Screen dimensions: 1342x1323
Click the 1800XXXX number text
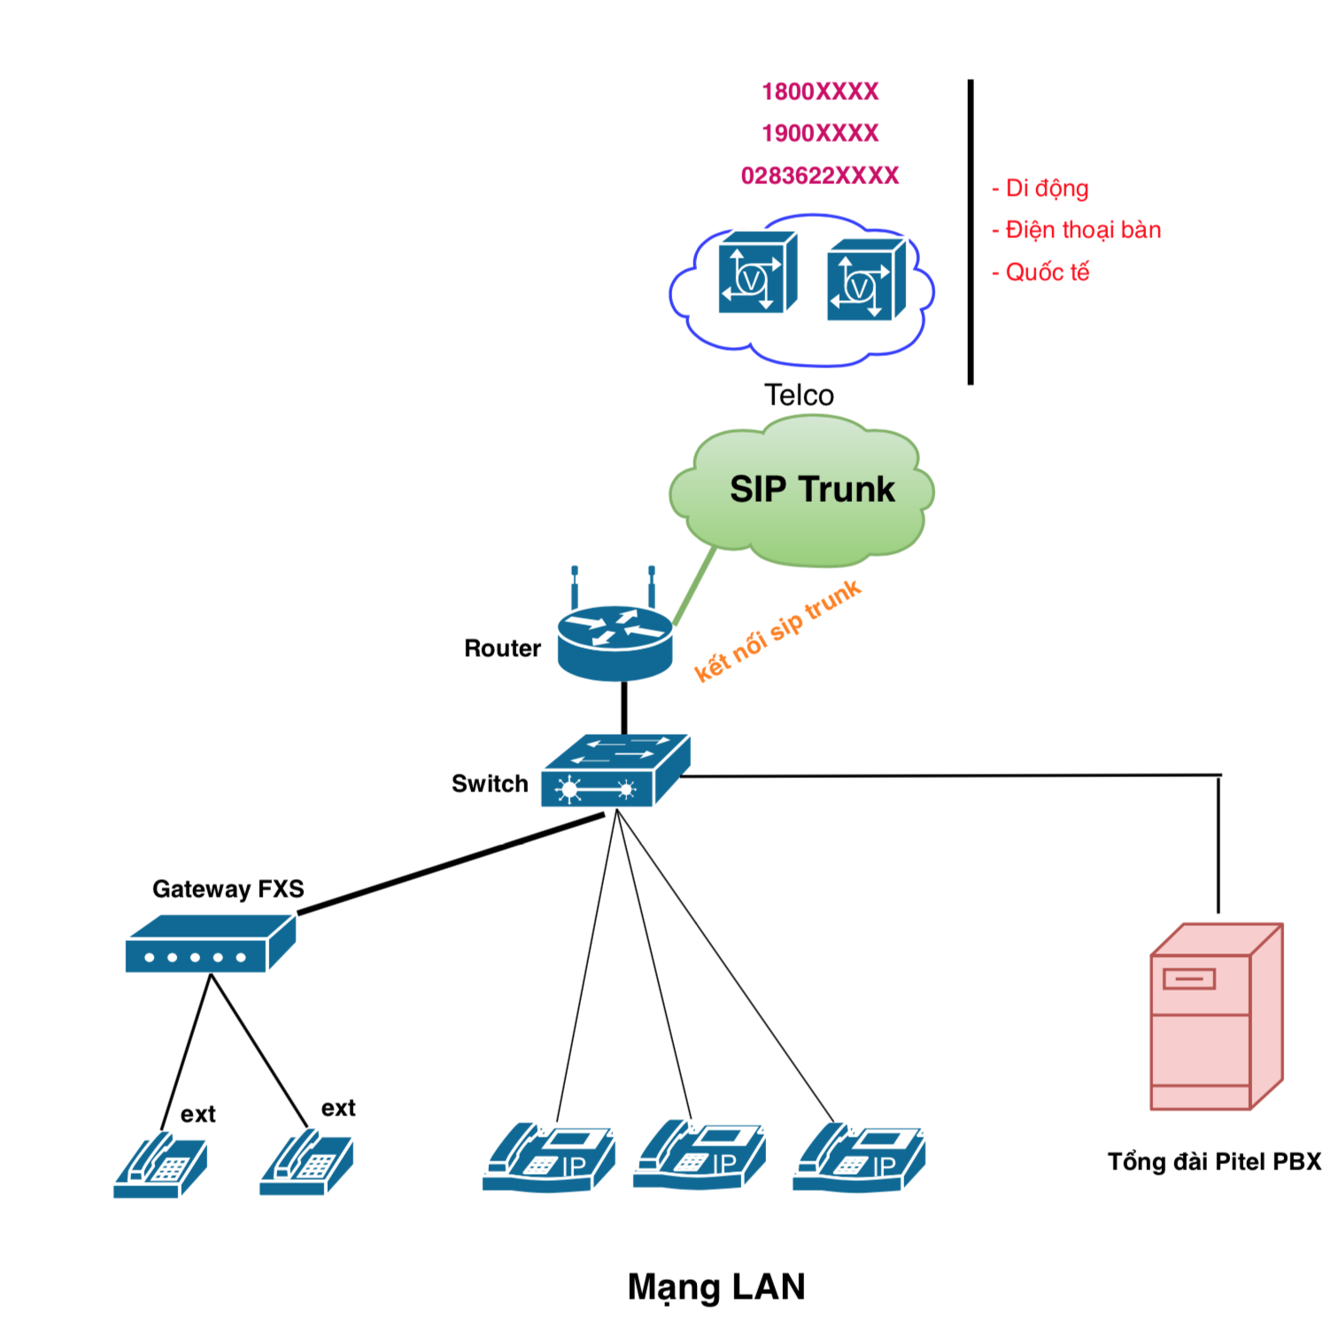[820, 92]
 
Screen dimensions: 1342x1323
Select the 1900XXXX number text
[820, 134]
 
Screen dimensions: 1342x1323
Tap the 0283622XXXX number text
[820, 176]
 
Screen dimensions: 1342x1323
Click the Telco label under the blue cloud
[799, 395]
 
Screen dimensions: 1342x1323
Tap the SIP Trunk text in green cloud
[812, 490]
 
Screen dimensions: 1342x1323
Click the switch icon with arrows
[615, 771]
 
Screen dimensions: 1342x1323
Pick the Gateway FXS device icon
[210, 945]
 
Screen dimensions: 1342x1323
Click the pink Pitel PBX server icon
[1216, 1018]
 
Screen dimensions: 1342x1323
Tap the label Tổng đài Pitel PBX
[1214, 1161]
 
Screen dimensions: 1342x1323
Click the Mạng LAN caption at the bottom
[716, 1286]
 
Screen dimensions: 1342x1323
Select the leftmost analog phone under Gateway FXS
[160, 1165]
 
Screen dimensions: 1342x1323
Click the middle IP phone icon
[700, 1156]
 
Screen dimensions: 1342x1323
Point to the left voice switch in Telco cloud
[757, 273]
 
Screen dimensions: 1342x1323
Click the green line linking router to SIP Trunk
[694, 586]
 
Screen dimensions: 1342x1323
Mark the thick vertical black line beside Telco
[971, 232]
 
